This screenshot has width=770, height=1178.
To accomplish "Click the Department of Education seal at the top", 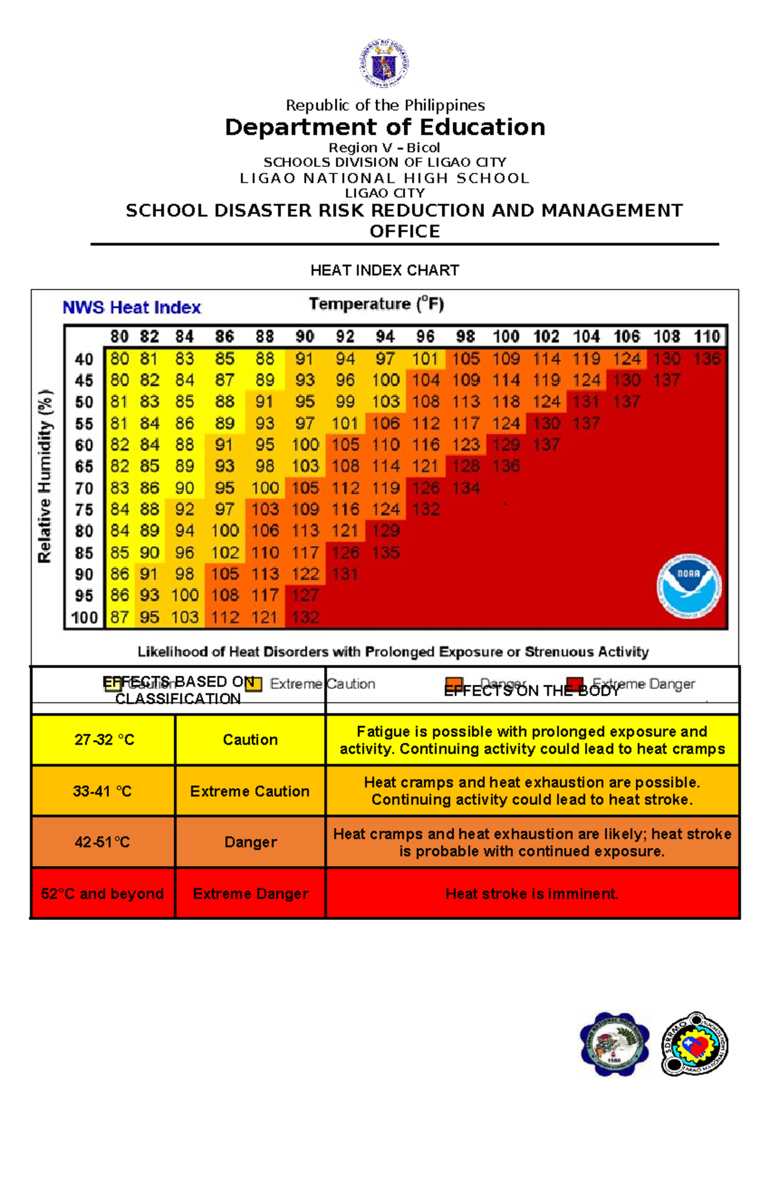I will click(x=384, y=63).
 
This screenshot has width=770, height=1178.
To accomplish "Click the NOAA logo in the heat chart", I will click(x=689, y=586).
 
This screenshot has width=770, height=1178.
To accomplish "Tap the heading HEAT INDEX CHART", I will click(x=384, y=270).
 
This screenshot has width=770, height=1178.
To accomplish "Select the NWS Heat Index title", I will click(x=132, y=307).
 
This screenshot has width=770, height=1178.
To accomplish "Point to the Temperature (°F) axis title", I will click(x=376, y=304).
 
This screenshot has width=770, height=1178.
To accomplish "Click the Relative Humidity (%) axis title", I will click(x=44, y=476).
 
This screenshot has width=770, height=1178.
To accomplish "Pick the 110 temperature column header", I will click(x=706, y=336).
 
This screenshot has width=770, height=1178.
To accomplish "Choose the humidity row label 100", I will click(x=84, y=618).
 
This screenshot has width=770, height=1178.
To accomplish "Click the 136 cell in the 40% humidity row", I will click(x=706, y=359).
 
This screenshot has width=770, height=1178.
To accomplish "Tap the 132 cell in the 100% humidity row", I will click(x=305, y=618).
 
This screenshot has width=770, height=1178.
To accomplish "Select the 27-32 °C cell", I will click(x=104, y=740).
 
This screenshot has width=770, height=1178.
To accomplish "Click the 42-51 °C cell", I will click(x=103, y=842).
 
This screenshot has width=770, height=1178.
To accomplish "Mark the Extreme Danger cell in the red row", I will click(x=250, y=894).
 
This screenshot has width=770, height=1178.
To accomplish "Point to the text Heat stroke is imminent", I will click(x=532, y=894).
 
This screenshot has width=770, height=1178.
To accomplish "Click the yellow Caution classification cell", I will click(x=250, y=740).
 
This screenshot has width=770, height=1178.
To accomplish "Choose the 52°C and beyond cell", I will click(x=103, y=894).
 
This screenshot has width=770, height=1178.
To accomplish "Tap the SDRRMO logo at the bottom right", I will click(x=695, y=1044).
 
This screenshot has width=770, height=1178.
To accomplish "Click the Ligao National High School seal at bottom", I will click(x=614, y=1044).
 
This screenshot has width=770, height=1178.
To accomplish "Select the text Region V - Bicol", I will click(x=384, y=148).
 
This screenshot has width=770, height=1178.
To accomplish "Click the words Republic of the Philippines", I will click(x=385, y=105).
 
